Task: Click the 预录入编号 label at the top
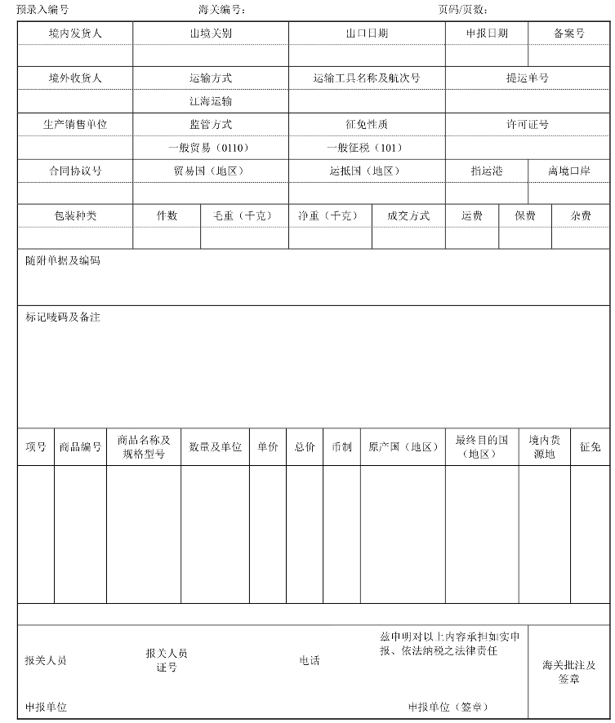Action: pyautogui.click(x=42, y=10)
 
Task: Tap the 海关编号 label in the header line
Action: pyautogui.click(x=221, y=10)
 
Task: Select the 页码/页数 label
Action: pyautogui.click(x=463, y=10)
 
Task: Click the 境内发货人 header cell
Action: pyautogui.click(x=75, y=33)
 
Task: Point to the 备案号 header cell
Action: pyautogui.click(x=569, y=33)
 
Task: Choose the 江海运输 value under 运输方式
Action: pyautogui.click(x=211, y=101)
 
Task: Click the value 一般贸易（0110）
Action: pyautogui.click(x=211, y=148)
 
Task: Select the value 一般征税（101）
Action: pyautogui.click(x=366, y=148)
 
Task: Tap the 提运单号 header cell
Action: pyautogui.click(x=527, y=78)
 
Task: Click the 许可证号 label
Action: pyautogui.click(x=527, y=125)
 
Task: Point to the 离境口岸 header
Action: pyautogui.click(x=569, y=171)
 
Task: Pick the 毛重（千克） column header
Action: pyautogui.click(x=243, y=216)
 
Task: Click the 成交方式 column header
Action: pyautogui.click(x=408, y=216)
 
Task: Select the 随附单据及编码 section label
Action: pyautogui.click(x=63, y=262)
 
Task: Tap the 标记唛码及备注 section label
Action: pyautogui.click(x=63, y=317)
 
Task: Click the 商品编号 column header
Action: pyautogui.click(x=80, y=447)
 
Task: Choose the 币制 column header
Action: pyautogui.click(x=341, y=447)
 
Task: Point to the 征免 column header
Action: pyautogui.click(x=590, y=447)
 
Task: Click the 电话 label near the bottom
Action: pyautogui.click(x=310, y=661)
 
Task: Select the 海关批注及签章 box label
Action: pyautogui.click(x=569, y=672)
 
